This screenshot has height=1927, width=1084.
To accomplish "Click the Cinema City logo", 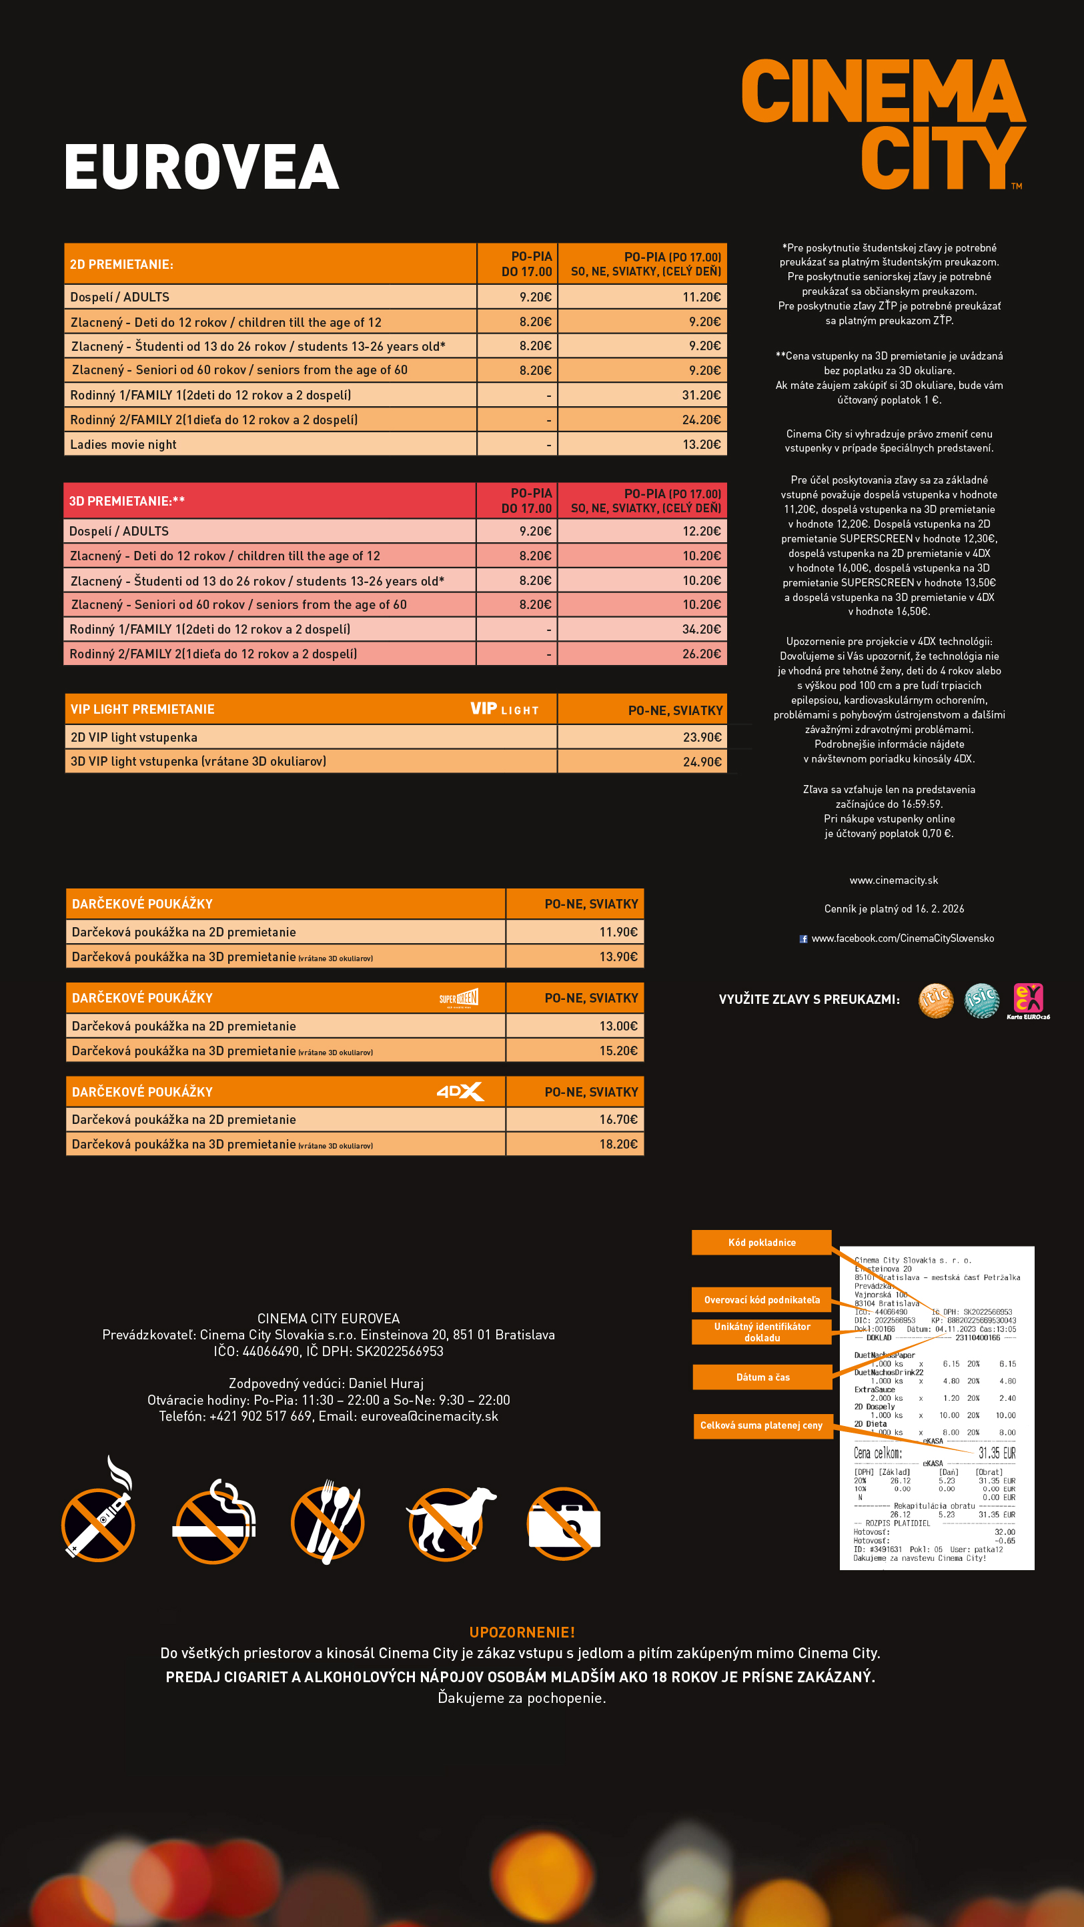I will [x=883, y=124].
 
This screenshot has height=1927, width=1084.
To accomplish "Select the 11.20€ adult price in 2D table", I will [x=701, y=297].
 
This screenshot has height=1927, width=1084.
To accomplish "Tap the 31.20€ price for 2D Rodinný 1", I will [x=701, y=395].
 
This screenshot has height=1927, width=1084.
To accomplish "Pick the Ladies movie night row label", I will [x=123, y=444].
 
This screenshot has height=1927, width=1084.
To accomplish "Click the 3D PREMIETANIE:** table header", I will [x=127, y=501].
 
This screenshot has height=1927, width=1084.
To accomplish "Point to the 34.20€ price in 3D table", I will [x=701, y=629].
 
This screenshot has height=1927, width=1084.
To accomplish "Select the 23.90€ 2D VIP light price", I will [x=702, y=737].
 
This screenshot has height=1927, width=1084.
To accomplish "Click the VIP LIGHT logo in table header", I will [x=504, y=709].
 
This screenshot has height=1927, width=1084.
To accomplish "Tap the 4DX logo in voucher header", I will [x=460, y=1091].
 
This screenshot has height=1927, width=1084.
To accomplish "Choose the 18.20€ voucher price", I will [x=618, y=1144].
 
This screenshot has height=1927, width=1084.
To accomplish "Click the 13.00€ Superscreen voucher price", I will [x=618, y=1026].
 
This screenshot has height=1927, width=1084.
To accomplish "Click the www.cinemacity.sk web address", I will [x=893, y=880].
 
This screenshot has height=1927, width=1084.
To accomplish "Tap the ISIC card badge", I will [x=981, y=1000].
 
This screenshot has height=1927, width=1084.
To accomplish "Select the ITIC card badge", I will [x=936, y=1000].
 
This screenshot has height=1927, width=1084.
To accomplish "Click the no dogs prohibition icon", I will [x=450, y=1522].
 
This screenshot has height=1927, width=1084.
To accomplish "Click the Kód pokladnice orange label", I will [x=762, y=1243].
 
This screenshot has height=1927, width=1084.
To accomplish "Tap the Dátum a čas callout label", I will [x=762, y=1377].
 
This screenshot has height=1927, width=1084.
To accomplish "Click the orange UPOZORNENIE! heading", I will [x=522, y=1632].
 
